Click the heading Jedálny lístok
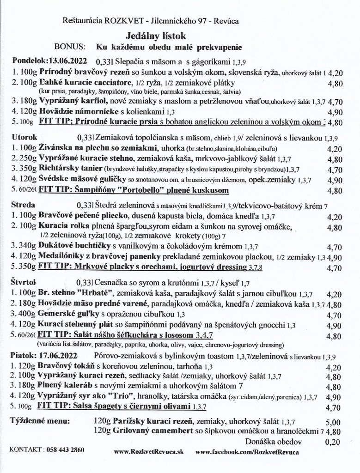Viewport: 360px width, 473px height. pyautogui.click(x=152, y=35)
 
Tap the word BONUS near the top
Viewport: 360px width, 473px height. pyautogui.click(x=70, y=47)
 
